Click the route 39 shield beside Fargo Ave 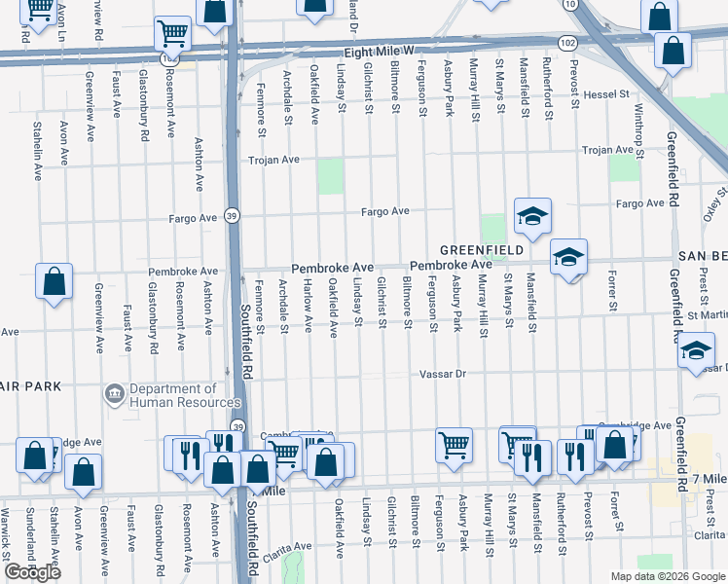232,215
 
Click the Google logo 32,572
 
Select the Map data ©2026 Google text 667,576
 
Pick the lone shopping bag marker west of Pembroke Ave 55,282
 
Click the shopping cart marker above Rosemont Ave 172,33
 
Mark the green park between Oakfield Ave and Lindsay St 331,177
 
